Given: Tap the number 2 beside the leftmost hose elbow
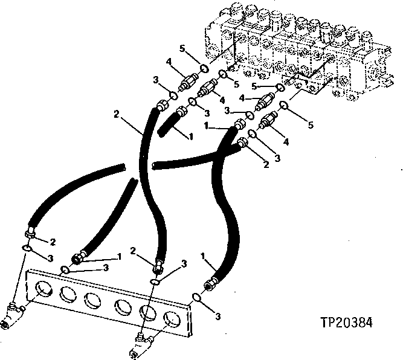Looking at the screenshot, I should point(53,242).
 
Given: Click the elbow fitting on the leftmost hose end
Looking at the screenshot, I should point(31,233).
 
